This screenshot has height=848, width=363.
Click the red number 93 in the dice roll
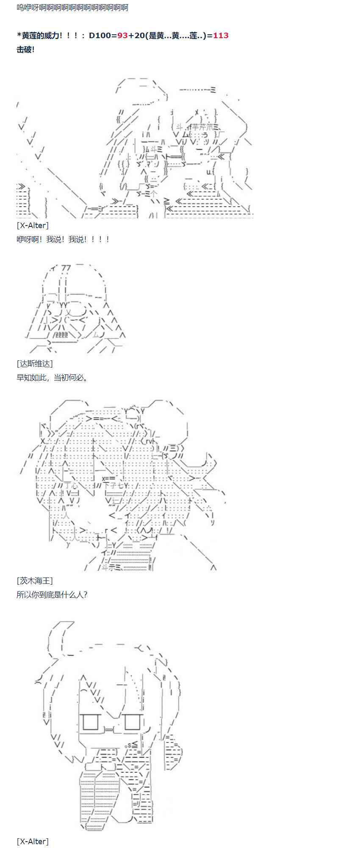point(122,36)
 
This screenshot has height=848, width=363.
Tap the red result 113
point(221,36)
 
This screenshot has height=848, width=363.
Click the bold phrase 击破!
point(25,50)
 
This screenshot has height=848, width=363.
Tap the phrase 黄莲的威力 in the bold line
point(41,36)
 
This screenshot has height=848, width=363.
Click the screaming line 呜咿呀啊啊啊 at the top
point(72,8)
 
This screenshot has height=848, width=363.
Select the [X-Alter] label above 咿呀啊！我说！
point(33,225)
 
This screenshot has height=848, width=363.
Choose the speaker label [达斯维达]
point(35,363)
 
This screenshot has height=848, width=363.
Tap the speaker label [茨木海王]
point(35,580)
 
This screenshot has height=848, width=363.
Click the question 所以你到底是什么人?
point(52,594)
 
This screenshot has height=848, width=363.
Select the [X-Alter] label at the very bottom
point(33,841)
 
